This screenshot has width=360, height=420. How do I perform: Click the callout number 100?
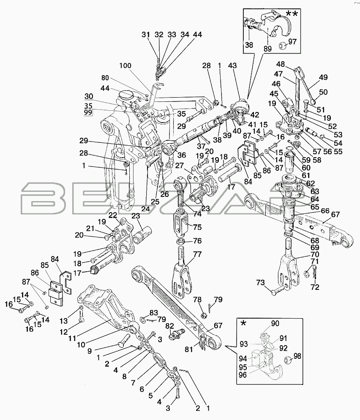125,66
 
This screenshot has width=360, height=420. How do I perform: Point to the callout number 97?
292,42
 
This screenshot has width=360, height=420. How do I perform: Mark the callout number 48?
281,65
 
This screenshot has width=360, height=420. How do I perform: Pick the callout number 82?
169,326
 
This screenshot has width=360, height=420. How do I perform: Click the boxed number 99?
88,113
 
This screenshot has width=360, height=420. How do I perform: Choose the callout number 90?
275,324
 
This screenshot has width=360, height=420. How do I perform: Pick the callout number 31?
145,35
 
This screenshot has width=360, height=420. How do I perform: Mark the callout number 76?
197,241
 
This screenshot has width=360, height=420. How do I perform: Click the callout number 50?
323,93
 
